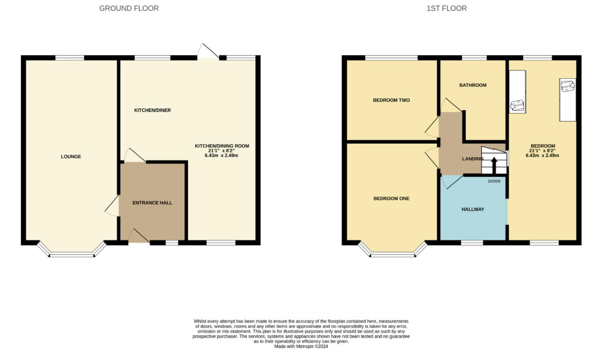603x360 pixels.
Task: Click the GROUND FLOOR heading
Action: pyautogui.click(x=129, y=9)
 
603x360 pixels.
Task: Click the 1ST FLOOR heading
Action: pyautogui.click(x=446, y=9)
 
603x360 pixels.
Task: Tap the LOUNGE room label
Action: pyautogui.click(x=71, y=157)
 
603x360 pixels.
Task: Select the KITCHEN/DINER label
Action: pyautogui.click(x=153, y=110)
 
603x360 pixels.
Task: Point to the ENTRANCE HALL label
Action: pyautogui.click(x=153, y=203)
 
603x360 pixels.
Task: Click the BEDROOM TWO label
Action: pyautogui.click(x=391, y=100)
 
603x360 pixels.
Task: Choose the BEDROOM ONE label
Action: pyautogui.click(x=391, y=198)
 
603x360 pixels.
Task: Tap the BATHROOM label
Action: pyautogui.click(x=472, y=85)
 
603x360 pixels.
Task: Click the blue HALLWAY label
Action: pyautogui.click(x=472, y=209)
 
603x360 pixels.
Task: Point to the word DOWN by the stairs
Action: pyautogui.click(x=494, y=181)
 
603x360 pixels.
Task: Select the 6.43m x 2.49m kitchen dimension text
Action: pyautogui.click(x=221, y=155)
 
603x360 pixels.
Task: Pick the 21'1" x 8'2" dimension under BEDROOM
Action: pyautogui.click(x=542, y=151)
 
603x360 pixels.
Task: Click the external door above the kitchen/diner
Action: pyautogui.click(x=208, y=51)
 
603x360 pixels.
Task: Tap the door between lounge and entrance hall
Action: pyautogui.click(x=112, y=206)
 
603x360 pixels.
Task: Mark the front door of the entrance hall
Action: pyautogui.click(x=139, y=236)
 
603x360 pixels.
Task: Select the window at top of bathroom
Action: pyautogui.click(x=474, y=58)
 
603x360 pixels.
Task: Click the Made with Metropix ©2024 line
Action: pyautogui.click(x=301, y=346)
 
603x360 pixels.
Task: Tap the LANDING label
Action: pyautogui.click(x=472, y=159)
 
